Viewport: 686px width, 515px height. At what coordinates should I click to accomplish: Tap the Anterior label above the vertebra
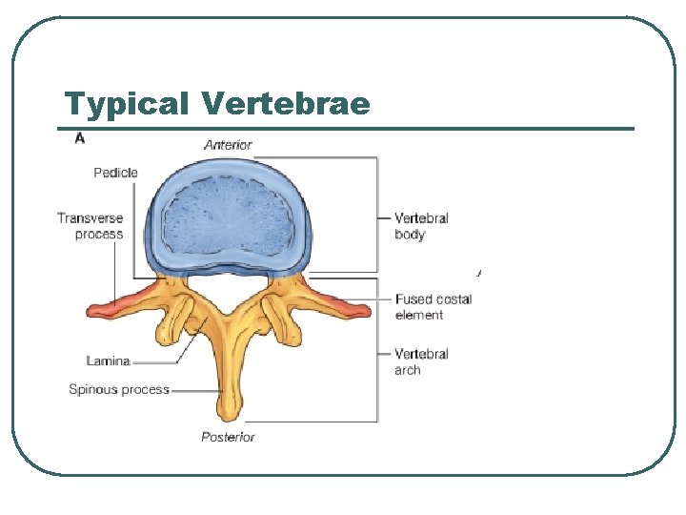click(228, 145)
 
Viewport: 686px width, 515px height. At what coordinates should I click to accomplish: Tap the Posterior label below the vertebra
click(228, 437)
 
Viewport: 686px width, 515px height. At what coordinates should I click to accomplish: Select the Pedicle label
click(115, 173)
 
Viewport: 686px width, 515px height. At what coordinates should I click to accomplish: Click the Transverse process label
click(91, 226)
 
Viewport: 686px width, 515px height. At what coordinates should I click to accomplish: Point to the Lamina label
click(108, 360)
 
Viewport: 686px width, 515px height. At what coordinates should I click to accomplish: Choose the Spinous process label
click(119, 389)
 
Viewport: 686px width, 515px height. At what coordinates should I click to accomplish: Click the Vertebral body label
click(421, 226)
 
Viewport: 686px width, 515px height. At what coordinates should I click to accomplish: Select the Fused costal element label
click(434, 306)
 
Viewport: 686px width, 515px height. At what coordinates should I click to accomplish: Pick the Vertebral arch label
click(421, 361)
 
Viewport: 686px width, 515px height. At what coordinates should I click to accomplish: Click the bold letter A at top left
click(79, 139)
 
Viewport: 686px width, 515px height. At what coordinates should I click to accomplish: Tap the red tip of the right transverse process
click(354, 306)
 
